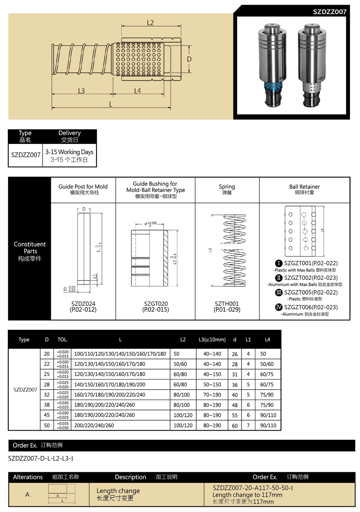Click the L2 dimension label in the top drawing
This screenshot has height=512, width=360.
(x=150, y=23)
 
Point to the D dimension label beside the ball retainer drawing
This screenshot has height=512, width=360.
(x=189, y=59)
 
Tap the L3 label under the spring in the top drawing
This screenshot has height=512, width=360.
(x=81, y=91)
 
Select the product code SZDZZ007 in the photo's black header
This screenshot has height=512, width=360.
(x=329, y=12)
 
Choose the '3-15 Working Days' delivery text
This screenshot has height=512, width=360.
(x=69, y=152)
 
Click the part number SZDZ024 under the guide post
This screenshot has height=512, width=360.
(x=83, y=304)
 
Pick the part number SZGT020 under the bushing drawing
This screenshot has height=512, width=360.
(x=156, y=304)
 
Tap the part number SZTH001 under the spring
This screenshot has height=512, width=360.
(x=227, y=304)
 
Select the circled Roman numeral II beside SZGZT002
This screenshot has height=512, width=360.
(x=279, y=278)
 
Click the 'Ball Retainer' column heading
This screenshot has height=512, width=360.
(x=304, y=187)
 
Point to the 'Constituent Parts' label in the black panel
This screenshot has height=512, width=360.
(x=30, y=248)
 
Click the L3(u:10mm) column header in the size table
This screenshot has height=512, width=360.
(x=212, y=340)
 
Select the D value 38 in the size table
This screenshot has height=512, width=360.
(x=47, y=405)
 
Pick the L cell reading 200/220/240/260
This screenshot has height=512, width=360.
(x=94, y=425)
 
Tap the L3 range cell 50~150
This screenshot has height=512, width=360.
(x=212, y=385)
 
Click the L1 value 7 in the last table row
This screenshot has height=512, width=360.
(x=248, y=425)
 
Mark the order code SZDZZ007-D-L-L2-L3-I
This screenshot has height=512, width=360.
(x=41, y=458)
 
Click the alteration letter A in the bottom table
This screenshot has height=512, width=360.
(x=27, y=494)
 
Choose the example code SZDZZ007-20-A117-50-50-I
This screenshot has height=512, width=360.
(x=252, y=488)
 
